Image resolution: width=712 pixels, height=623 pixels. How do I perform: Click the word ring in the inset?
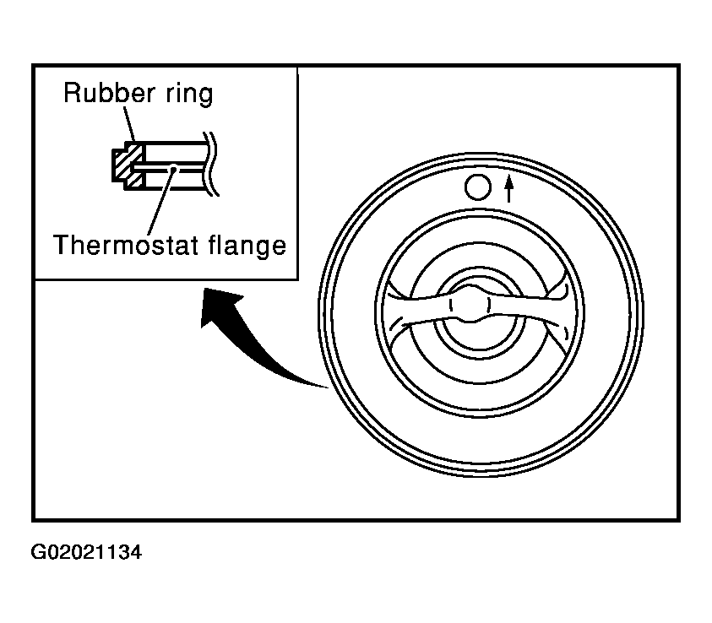tap(189, 94)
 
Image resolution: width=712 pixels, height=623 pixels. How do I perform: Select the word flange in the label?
tap(247, 246)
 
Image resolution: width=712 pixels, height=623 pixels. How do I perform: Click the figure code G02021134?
tap(86, 552)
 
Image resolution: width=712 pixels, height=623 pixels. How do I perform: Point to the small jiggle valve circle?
tap(478, 187)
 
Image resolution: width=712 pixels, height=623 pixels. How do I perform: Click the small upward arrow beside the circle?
tap(509, 188)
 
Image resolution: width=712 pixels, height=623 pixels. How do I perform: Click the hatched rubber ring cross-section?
tap(128, 165)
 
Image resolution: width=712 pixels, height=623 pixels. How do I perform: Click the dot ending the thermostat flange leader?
tap(173, 169)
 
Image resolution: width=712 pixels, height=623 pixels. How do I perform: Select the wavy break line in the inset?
tap(210, 164)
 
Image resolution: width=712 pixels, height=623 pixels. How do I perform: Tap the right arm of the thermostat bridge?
tap(527, 309)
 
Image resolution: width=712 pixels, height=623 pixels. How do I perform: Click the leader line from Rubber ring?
tap(129, 124)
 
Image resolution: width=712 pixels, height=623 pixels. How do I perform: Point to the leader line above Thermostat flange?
tap(160, 202)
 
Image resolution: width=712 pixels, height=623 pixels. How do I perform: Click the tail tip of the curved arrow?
tap(328, 388)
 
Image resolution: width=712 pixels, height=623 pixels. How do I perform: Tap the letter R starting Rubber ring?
tap(72, 93)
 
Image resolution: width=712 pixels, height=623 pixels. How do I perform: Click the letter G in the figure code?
tap(38, 552)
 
